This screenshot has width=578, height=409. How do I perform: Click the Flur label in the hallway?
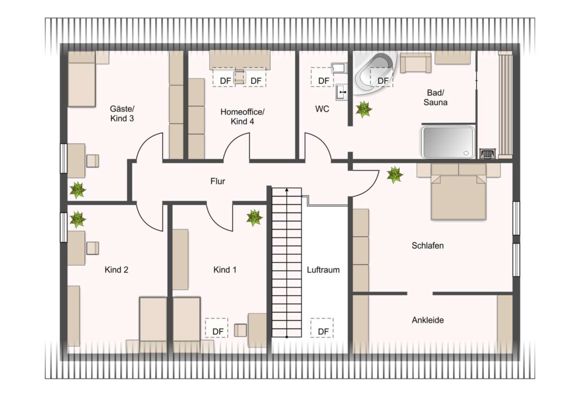[217, 181]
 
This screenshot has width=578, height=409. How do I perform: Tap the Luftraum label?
[323, 269]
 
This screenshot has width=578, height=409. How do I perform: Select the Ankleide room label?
[428, 320]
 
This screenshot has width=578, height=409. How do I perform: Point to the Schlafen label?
[428, 246]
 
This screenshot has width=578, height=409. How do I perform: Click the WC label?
[322, 109]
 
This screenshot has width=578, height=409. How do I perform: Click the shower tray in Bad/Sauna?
[448, 142]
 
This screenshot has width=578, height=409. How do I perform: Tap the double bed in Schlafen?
[458, 192]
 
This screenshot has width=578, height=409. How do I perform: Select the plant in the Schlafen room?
[395, 175]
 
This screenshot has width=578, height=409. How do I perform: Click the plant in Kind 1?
[255, 217]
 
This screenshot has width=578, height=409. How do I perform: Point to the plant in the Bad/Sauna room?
[364, 110]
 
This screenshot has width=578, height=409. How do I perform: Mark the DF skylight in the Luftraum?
[322, 328]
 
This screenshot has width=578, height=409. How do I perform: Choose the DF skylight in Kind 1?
[217, 328]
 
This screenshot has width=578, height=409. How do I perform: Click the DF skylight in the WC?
[322, 77]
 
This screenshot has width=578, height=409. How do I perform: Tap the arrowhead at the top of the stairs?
[287, 190]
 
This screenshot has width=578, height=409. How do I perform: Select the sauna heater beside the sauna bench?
[487, 154]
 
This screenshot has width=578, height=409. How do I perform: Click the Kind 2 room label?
[116, 269]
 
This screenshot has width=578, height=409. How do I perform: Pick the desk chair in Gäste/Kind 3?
[93, 161]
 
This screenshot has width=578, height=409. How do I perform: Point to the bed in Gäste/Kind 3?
[82, 79]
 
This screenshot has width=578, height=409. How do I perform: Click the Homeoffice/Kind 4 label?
[242, 116]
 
